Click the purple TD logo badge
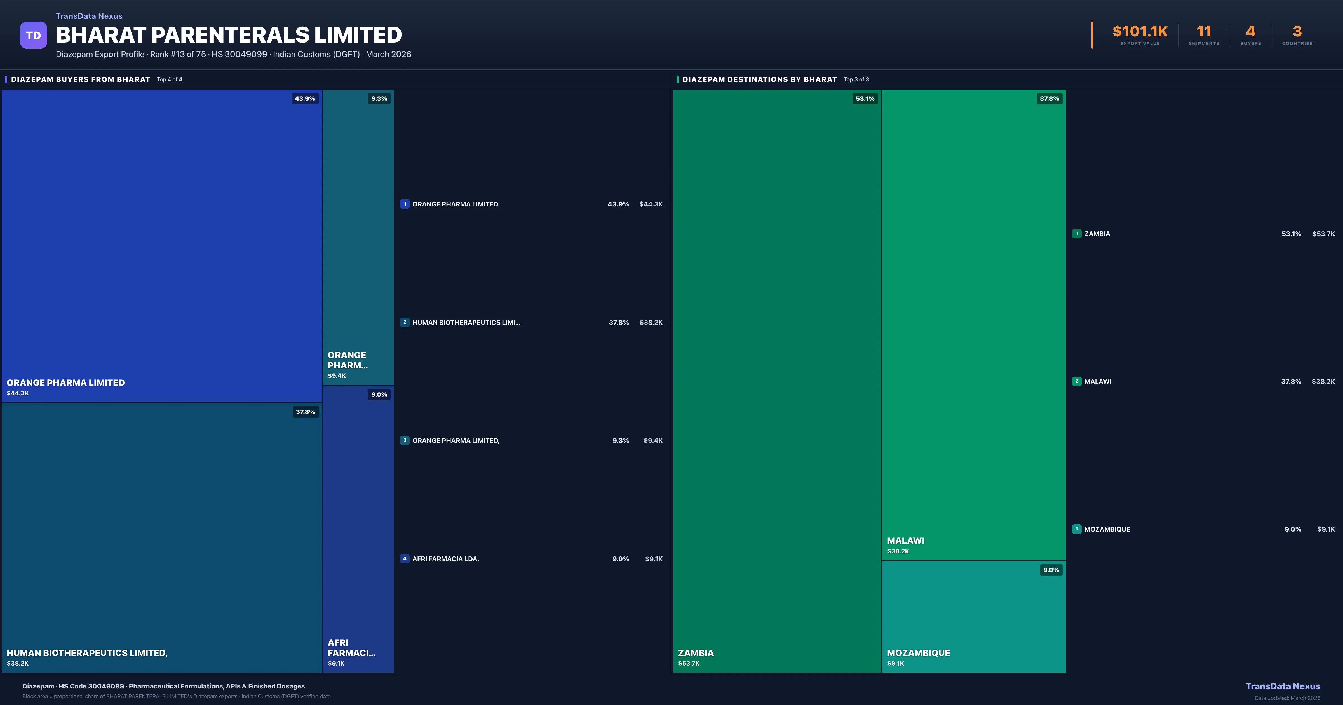click(33, 36)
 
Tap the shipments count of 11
click(1203, 32)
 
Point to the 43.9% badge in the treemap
click(305, 98)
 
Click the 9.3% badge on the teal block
click(379, 98)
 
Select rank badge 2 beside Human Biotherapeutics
click(405, 322)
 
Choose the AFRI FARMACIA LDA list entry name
click(445, 559)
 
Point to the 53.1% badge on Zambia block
click(865, 98)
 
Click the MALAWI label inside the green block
click(906, 541)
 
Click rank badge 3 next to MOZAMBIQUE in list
click(1077, 529)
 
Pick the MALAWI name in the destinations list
click(1097, 382)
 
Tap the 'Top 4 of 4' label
click(170, 80)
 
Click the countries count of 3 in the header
click(1297, 32)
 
